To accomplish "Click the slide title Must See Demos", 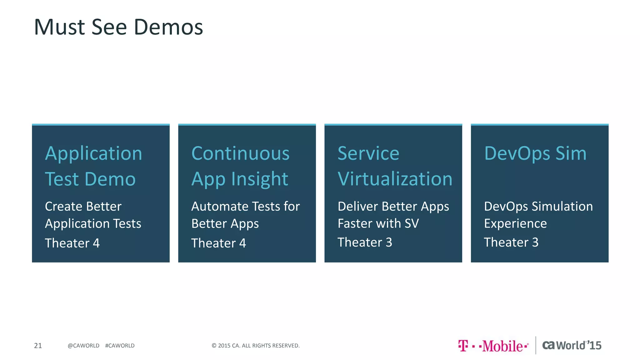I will [118, 27].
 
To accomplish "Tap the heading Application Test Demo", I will [93, 166].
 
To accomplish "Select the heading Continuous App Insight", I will [240, 166].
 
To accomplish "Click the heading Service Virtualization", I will [395, 166].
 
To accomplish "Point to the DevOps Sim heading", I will [535, 153].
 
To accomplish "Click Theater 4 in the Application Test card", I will [72, 243].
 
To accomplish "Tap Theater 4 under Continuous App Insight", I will [218, 243].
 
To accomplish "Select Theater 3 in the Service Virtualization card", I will [365, 242].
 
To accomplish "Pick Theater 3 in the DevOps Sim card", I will [511, 242].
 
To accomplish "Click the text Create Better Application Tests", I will [93, 215].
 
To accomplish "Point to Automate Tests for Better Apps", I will [245, 215].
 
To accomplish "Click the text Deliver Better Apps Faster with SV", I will [393, 215].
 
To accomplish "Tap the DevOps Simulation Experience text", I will [538, 215].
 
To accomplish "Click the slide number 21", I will [38, 346].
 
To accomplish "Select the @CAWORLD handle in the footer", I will [83, 346].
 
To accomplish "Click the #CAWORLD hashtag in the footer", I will [120, 346].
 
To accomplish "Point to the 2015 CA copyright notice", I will [255, 346].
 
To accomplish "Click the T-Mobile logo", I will [493, 346].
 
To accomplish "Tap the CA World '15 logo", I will [572, 345].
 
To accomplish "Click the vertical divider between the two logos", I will [536, 345].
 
